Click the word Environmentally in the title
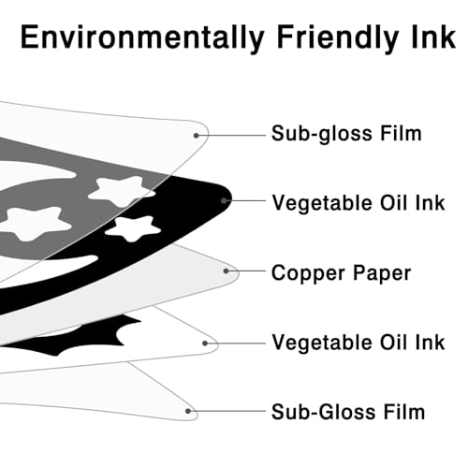click(142, 37)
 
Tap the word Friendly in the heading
click(338, 37)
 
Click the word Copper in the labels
click(309, 273)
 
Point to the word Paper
click(382, 273)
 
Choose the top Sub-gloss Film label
click(346, 134)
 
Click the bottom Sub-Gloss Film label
click(348, 412)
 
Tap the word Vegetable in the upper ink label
click(323, 203)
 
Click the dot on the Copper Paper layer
click(226, 271)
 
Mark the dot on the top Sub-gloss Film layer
click(196, 136)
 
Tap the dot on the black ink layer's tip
click(224, 200)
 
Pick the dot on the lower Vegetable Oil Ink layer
click(205, 344)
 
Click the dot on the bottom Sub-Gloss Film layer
click(188, 411)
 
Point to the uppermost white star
click(122, 190)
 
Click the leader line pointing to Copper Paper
click(245, 271)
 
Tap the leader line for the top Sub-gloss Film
click(230, 136)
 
